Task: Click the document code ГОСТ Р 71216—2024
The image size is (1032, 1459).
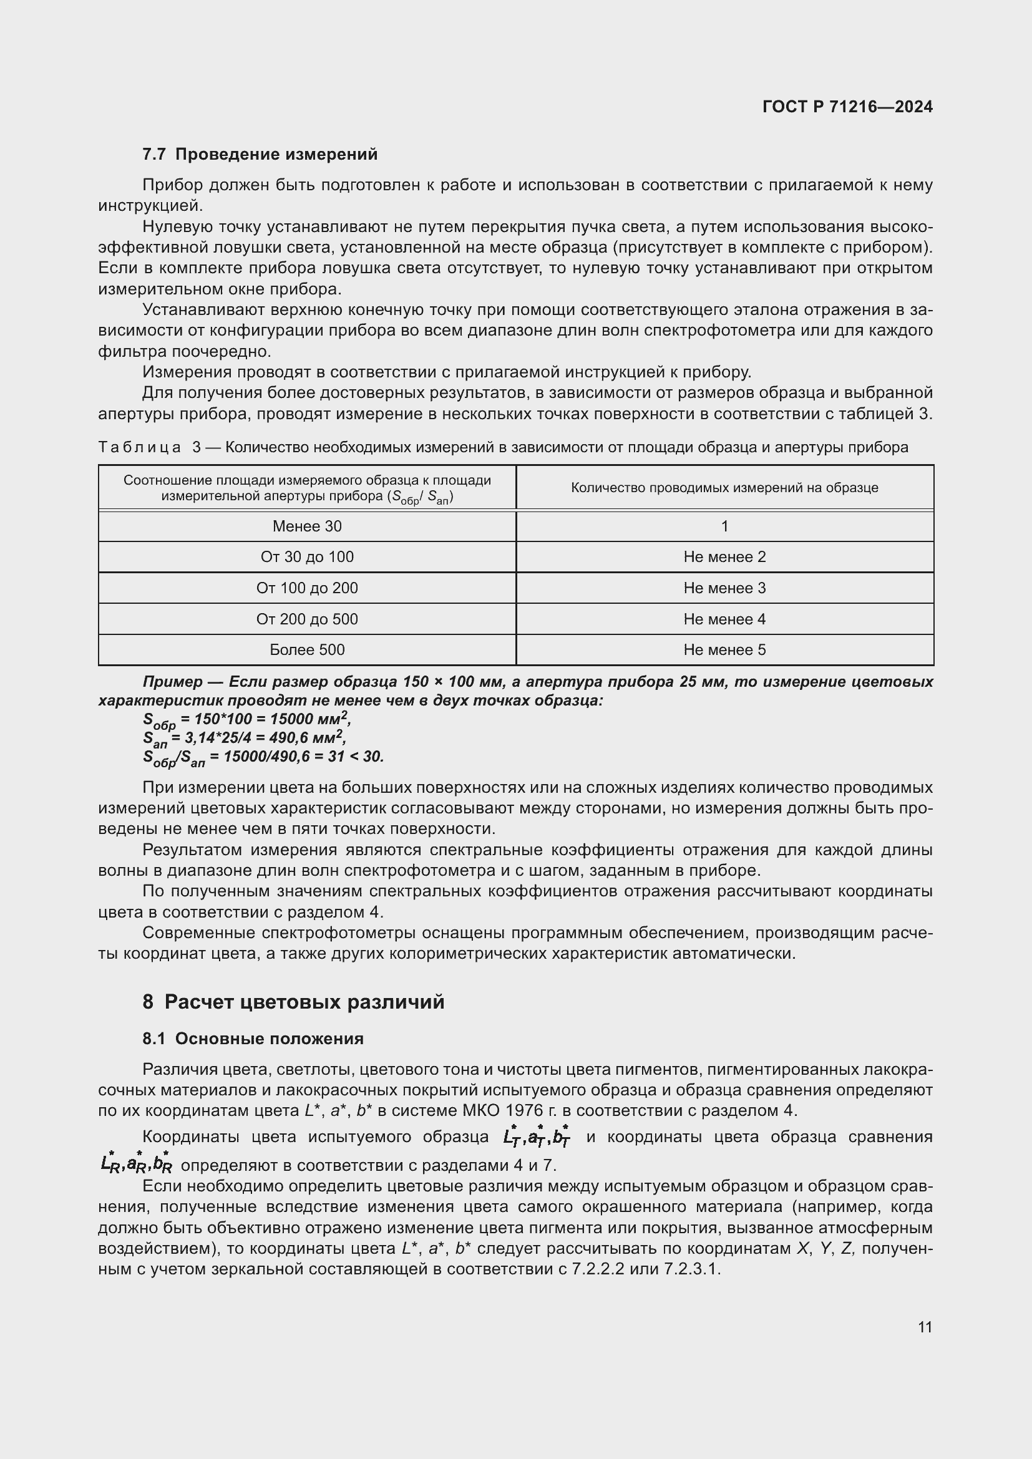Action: [x=847, y=107]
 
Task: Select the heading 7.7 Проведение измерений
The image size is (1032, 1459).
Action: [x=260, y=155]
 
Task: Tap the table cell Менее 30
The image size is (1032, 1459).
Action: [x=307, y=526]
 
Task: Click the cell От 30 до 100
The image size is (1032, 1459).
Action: [x=307, y=556]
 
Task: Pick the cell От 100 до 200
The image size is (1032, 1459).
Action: [x=307, y=588]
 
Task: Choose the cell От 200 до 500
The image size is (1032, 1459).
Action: [x=307, y=619]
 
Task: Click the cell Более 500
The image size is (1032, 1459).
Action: [x=307, y=649]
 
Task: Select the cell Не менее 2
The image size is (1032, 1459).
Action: [x=724, y=556]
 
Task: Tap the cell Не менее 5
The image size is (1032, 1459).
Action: [x=724, y=649]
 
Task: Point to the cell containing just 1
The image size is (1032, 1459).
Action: [x=724, y=526]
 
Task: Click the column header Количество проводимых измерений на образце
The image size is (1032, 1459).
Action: [x=724, y=487]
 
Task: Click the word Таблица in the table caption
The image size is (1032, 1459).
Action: [x=140, y=447]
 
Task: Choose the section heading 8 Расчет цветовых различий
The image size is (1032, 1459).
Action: [x=293, y=1002]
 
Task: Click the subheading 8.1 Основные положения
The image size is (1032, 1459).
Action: [x=253, y=1039]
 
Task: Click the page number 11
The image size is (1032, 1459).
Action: [x=925, y=1327]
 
